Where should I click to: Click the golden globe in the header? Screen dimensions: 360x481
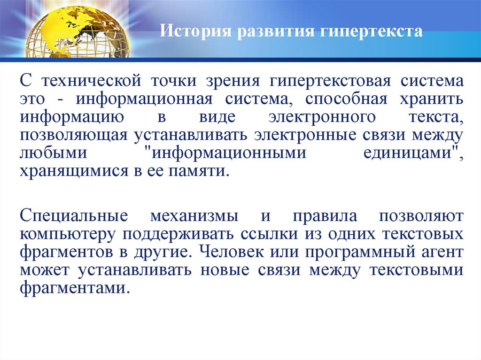tap(78, 31)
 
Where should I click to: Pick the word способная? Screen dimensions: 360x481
tap(346, 100)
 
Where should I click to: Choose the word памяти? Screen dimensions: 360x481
tap(204, 170)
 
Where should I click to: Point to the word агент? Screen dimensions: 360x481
tap(441, 252)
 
